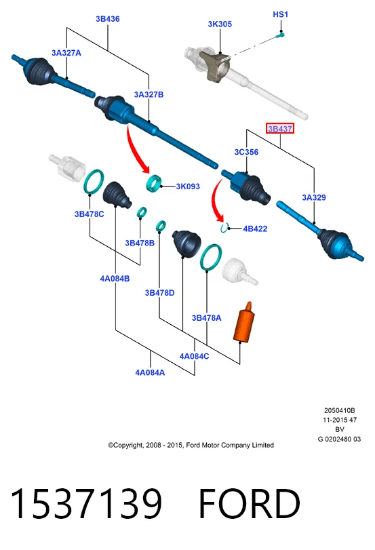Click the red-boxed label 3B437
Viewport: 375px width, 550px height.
pyautogui.click(x=279, y=129)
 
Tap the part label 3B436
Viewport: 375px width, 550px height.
pyautogui.click(x=108, y=19)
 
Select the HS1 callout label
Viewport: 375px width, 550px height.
pyautogui.click(x=280, y=14)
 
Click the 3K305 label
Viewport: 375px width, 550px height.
pyautogui.click(x=220, y=24)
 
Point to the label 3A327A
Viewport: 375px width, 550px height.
pyautogui.click(x=66, y=53)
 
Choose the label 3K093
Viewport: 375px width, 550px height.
pyautogui.click(x=188, y=186)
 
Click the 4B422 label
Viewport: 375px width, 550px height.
pyautogui.click(x=255, y=229)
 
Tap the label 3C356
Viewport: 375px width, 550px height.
pyautogui.click(x=246, y=152)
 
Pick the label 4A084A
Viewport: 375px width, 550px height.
pyautogui.click(x=150, y=372)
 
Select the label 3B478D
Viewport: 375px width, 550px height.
pyautogui.click(x=159, y=292)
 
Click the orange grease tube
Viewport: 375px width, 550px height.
pyautogui.click(x=244, y=322)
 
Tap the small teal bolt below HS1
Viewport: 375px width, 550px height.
pyautogui.click(x=280, y=35)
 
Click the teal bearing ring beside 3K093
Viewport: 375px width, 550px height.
pyautogui.click(x=154, y=182)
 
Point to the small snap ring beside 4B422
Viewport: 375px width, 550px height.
pyautogui.click(x=224, y=228)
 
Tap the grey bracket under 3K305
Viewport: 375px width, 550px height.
pyautogui.click(x=215, y=66)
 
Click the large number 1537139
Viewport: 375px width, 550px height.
pyautogui.click(x=86, y=503)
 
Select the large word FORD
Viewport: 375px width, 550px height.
pyautogui.click(x=250, y=503)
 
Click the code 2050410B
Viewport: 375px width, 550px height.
pyautogui.click(x=339, y=410)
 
